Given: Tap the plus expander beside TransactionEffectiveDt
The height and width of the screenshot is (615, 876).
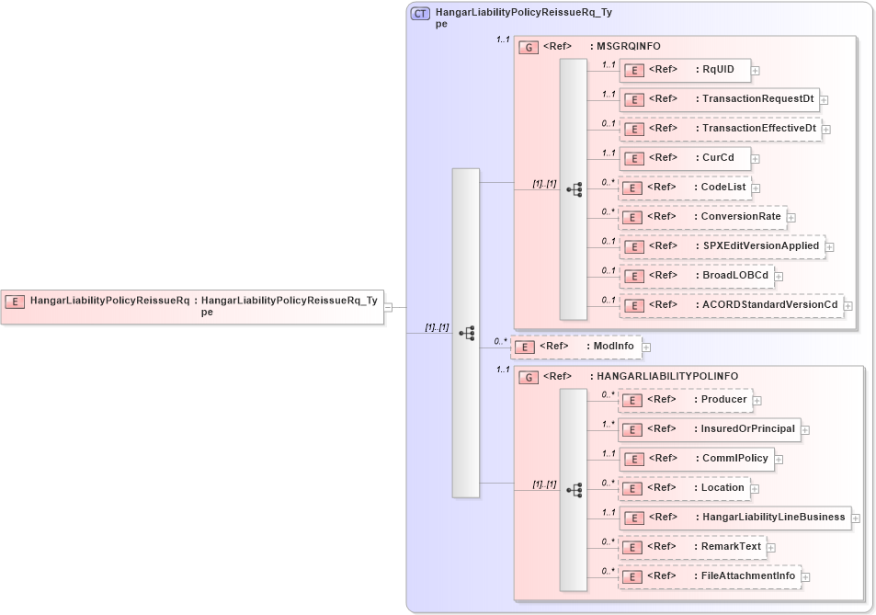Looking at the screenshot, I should tap(825, 129).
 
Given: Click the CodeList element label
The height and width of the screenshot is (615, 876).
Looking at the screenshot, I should tap(722, 188).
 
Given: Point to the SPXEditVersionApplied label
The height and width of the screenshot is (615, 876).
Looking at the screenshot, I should tap(761, 246).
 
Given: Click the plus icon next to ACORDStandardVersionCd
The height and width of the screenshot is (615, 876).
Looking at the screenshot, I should tap(848, 305).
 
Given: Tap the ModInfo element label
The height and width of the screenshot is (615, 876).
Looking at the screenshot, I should tap(611, 347).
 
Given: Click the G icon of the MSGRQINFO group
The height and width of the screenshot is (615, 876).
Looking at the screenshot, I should tap(529, 47).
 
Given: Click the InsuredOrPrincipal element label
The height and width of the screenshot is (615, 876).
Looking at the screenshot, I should tap(747, 429).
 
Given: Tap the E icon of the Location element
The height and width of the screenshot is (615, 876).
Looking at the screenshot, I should tap(633, 488).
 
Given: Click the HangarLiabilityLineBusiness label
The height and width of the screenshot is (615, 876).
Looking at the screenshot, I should tap(773, 518).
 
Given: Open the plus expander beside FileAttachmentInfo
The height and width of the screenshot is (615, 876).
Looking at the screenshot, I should tap(806, 577).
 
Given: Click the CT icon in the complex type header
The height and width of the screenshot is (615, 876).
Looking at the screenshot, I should tap(421, 14).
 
